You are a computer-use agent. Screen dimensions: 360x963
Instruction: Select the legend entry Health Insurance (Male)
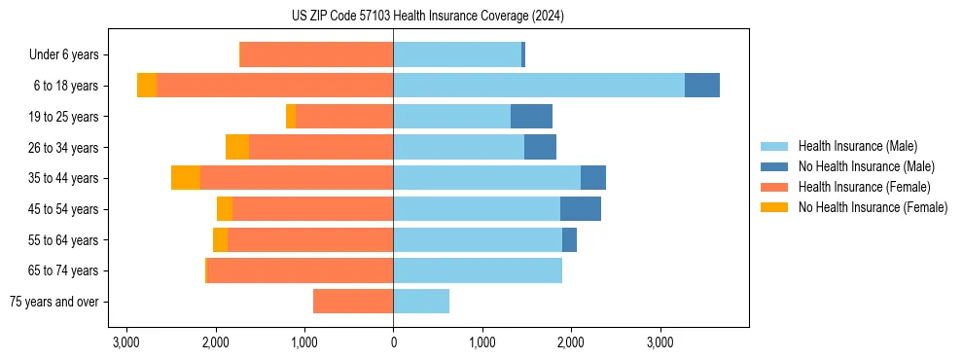(x=857, y=146)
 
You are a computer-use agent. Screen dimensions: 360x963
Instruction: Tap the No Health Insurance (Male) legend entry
(x=866, y=166)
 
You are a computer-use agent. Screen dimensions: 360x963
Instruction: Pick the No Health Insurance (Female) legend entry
(x=873, y=207)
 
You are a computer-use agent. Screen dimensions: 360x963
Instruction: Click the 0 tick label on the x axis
(x=393, y=343)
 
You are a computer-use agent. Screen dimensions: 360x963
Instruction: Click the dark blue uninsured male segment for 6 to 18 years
(x=702, y=86)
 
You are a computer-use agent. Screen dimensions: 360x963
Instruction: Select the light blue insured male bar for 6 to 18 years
(x=539, y=86)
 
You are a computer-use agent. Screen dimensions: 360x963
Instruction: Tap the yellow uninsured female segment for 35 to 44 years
(x=186, y=178)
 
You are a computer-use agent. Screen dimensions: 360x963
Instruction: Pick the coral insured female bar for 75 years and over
(x=353, y=302)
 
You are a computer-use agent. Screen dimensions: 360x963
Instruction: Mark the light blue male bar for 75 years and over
(x=421, y=302)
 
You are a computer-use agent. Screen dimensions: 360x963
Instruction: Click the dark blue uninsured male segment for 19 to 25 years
(x=531, y=117)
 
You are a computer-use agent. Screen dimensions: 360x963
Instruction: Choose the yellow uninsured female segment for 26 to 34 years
(x=237, y=147)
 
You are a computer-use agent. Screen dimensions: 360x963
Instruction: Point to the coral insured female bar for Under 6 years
(x=316, y=55)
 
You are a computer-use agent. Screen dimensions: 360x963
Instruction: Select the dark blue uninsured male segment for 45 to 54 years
(x=581, y=209)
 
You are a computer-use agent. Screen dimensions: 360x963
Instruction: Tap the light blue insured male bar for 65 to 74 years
(x=478, y=270)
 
